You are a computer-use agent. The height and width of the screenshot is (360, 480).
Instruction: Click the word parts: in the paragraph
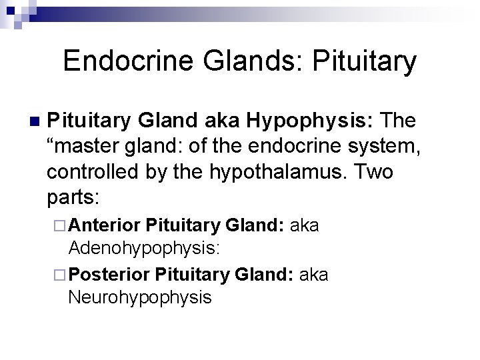73,198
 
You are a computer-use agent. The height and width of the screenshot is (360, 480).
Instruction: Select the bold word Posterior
109,274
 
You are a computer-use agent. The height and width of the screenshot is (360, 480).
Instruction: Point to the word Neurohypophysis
139,297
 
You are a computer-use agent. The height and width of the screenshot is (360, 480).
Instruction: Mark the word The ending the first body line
398,121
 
